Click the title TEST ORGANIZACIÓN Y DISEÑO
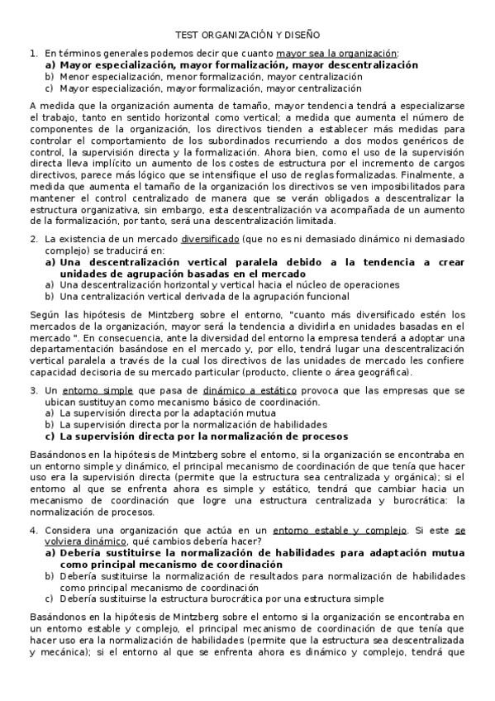click(247, 36)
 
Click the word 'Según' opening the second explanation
click(42, 314)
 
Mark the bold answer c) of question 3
click(203, 436)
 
